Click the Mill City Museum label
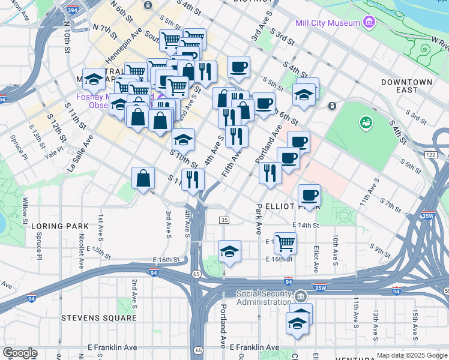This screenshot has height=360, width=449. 328,23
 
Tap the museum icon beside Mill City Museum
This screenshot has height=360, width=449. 369,23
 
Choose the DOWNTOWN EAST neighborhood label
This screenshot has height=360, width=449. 407,85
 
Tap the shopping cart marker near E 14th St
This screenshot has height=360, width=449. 285,242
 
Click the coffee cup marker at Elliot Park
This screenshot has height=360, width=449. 309,194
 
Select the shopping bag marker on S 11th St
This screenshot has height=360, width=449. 143,178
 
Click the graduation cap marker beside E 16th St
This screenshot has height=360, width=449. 229,251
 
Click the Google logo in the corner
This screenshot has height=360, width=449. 20,353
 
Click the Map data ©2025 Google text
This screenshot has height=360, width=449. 412,355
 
